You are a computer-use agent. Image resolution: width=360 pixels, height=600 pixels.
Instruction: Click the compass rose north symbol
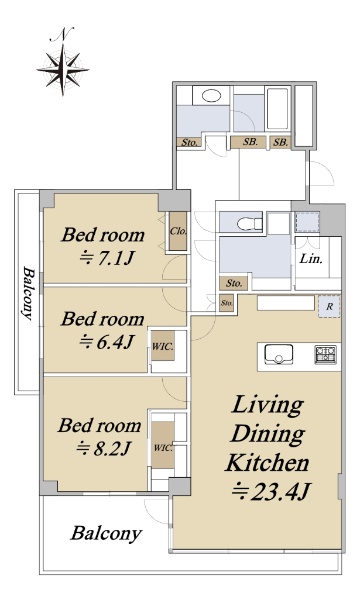[x=63, y=70]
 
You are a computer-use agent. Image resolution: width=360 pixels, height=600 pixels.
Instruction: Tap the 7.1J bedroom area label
[x=106, y=259]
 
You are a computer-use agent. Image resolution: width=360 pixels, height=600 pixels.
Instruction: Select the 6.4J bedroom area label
[x=106, y=341]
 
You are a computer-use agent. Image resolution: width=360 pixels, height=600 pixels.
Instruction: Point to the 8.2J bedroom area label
[x=104, y=448]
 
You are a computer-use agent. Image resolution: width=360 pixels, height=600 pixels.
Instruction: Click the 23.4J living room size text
[x=272, y=491]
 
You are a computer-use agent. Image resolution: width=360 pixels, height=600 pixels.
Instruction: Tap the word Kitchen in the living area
[x=267, y=463]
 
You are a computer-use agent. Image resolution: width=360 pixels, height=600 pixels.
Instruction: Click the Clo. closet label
[x=178, y=231]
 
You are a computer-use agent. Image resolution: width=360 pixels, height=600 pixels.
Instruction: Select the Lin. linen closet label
[x=311, y=259]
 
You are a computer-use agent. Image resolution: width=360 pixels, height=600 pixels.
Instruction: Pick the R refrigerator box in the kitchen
[x=329, y=306]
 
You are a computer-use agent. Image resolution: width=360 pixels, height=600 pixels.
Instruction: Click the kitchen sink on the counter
[x=279, y=354]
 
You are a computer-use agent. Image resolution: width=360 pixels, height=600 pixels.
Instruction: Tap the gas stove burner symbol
[x=326, y=354]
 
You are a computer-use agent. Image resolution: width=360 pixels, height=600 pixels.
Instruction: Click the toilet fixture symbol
[x=249, y=222]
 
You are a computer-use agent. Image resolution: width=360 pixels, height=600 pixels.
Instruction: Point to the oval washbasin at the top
[x=211, y=95]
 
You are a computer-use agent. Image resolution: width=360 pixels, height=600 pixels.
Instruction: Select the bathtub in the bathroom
[x=277, y=109]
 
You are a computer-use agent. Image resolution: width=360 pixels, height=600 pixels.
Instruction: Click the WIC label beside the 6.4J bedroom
[x=163, y=347]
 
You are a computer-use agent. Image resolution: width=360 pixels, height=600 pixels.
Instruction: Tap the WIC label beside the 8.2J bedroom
[x=163, y=447]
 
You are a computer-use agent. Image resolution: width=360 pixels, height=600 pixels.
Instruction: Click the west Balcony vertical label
[x=28, y=293]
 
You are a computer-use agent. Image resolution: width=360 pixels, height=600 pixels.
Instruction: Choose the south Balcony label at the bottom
[x=106, y=534]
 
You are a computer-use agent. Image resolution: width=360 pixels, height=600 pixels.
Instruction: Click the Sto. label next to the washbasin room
[x=189, y=143]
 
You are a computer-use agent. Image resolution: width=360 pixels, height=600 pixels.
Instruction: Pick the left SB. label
[x=250, y=142]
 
